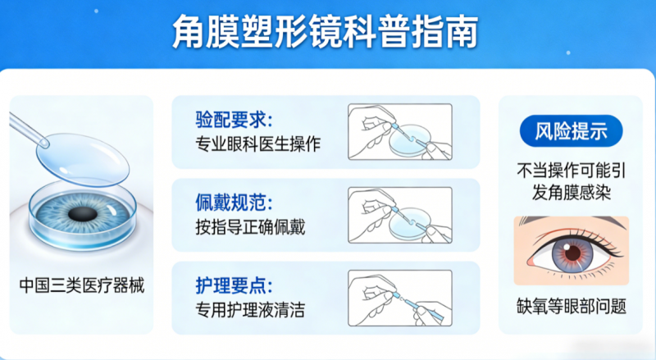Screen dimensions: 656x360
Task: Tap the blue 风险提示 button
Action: coord(571,131)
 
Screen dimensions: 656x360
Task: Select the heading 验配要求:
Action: coord(234,120)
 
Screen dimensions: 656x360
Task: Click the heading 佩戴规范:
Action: coord(234,203)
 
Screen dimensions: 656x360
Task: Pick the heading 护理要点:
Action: coord(234,285)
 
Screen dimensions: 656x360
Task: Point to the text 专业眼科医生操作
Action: coord(257,144)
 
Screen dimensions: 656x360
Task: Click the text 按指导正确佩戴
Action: coord(250,227)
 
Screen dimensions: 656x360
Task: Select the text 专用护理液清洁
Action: coord(250,310)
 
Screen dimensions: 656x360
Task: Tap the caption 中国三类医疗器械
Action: coord(82,286)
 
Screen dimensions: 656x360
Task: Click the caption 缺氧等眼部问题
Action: coord(571,306)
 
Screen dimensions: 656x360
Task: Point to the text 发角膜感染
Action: coord(571,193)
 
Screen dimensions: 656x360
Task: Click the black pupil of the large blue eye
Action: coord(83,214)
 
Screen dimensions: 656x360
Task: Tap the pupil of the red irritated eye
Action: coord(572,253)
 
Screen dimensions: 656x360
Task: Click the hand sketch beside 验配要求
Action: coord(400,132)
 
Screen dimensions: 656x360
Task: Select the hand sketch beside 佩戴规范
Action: coord(400,215)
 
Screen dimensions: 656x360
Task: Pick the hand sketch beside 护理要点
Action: coord(400,298)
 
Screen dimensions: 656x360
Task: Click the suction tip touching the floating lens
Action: coord(43,144)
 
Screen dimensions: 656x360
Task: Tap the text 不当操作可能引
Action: coord(571,171)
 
